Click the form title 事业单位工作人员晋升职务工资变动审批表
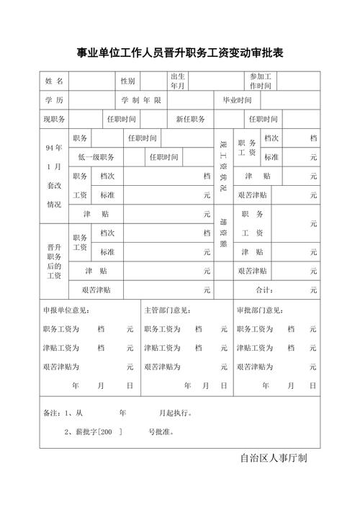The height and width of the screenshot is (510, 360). point(180,53)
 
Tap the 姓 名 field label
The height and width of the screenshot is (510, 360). point(54,81)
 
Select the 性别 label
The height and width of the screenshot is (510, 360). point(127,81)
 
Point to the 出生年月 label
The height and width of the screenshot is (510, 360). point(178,81)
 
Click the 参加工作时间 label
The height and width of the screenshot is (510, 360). point(261,81)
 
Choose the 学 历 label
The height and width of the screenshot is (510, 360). point(54,100)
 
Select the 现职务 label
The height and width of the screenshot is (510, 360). point(54,120)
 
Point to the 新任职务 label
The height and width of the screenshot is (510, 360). point(190,120)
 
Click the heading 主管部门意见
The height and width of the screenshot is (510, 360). point(167,310)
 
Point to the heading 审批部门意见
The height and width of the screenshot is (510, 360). point(261,310)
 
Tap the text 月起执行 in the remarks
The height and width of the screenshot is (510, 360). point(175,413)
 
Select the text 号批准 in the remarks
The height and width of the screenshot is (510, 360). point(161,433)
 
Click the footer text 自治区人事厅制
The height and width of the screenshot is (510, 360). point(274,459)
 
